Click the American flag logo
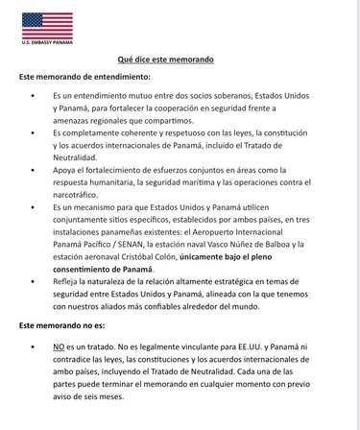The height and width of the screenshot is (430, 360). click(47, 24)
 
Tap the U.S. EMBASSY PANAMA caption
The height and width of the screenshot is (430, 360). click(47, 42)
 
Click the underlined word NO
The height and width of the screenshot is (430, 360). click(58, 344)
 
